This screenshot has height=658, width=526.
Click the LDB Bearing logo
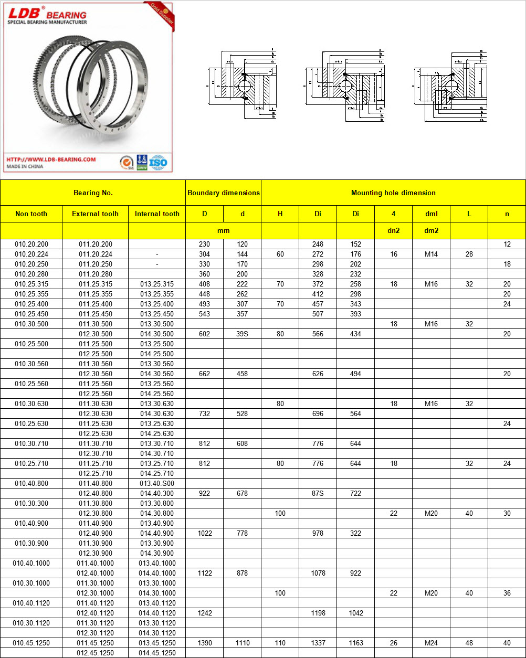point(46,14)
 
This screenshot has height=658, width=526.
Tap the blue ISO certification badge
point(158,162)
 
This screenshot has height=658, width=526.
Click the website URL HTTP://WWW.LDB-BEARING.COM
point(51,159)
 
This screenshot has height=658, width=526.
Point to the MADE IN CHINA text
point(25,166)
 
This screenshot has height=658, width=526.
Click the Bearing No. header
point(93,193)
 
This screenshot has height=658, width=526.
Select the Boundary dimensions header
point(223,193)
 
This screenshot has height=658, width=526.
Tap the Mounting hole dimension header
point(393,193)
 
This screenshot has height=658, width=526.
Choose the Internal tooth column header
point(157,214)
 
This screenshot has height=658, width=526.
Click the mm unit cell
point(223,230)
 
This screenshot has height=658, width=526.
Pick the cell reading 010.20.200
point(31,244)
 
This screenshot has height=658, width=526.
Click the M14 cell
point(431,254)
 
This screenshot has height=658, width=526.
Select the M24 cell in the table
point(431,643)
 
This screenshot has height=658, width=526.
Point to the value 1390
point(205,643)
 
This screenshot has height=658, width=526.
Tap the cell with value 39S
point(242,334)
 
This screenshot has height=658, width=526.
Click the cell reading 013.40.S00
point(157,483)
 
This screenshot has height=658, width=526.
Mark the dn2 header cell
point(393,230)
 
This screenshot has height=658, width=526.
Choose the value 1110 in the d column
point(242,643)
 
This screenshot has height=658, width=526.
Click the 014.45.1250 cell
point(157,653)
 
